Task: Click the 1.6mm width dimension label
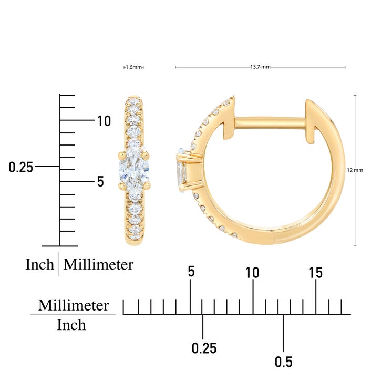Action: click(134, 67)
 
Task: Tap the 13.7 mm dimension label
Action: click(260, 67)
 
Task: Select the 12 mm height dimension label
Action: click(355, 170)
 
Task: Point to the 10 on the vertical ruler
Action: click(104, 121)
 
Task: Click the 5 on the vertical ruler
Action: click(100, 181)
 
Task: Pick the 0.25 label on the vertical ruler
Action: click(20, 167)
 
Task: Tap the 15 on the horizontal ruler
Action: click(316, 272)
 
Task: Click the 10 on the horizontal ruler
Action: click(253, 272)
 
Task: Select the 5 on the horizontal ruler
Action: click(191, 271)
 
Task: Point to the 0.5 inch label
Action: click(284, 362)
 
